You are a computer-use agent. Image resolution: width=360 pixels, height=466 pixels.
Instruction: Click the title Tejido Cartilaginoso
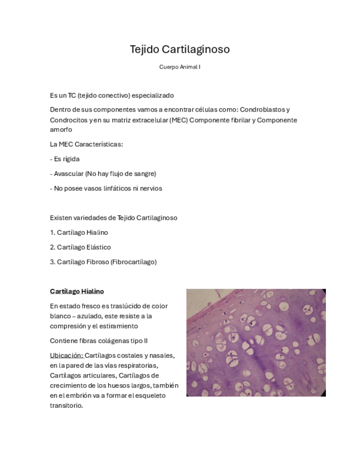tap(180, 49)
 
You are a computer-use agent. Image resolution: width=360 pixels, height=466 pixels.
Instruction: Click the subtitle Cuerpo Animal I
tap(180, 67)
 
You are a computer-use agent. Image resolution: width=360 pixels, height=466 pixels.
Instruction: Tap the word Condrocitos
tap(68, 120)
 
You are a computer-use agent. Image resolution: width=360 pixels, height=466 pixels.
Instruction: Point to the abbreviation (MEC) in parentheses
tap(178, 120)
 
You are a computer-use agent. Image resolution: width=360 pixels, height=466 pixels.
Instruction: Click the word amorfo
tap(60, 130)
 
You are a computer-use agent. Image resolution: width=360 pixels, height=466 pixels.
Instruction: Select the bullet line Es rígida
tap(65, 159)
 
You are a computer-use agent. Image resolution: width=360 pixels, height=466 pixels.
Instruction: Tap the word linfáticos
tap(117, 188)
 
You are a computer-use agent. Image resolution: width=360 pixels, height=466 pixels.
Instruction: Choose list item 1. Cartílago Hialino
tap(79, 232)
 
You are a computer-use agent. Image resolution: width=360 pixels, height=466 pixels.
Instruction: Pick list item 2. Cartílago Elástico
tap(80, 247)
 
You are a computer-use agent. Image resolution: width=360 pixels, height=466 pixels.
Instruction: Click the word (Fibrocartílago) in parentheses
tap(134, 262)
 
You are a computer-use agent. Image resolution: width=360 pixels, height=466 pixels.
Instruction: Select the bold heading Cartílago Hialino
tap(77, 291)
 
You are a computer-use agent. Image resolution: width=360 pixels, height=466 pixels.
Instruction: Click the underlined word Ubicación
tap(67, 356)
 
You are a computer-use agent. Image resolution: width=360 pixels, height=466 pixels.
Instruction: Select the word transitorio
tap(66, 406)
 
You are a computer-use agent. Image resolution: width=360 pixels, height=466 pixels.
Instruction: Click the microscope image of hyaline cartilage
tap(256, 342)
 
